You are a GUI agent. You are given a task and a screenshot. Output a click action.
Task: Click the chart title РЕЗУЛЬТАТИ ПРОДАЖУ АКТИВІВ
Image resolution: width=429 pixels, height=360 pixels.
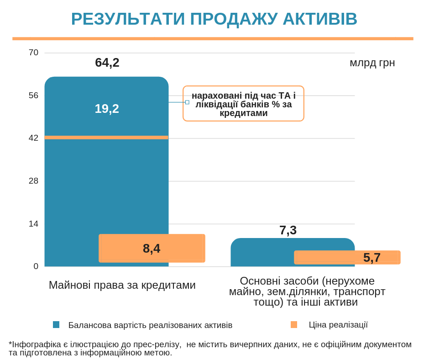pos(214,19)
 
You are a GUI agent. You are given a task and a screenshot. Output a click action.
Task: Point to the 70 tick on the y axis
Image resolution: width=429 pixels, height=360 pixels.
pos(33,53)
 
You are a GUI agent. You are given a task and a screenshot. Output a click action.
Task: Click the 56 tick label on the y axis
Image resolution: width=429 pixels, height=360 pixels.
pos(33,95)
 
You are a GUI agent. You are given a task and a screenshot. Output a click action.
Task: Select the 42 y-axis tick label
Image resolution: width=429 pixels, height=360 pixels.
pos(33,138)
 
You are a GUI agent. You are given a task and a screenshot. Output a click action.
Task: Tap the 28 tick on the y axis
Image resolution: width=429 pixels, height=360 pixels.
pos(33,181)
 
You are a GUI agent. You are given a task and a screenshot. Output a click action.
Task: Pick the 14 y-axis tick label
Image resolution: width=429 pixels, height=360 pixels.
pos(33,224)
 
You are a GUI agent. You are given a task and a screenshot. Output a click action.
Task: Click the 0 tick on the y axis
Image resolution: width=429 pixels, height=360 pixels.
pos(36,266)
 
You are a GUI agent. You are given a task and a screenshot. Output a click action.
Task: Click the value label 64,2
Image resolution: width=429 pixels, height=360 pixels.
pos(107,63)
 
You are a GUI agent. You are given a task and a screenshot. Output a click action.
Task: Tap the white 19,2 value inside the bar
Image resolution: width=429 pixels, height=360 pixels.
pos(107,109)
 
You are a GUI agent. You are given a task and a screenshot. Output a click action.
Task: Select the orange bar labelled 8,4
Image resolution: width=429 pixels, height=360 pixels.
pos(152,249)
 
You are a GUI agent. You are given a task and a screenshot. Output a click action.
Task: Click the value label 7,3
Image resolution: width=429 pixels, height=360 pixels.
pos(288,230)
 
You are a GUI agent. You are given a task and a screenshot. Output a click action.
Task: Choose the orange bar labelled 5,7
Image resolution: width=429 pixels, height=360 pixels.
pos(347,257)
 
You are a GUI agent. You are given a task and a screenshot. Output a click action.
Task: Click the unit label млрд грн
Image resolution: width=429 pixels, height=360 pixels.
pos(372,63)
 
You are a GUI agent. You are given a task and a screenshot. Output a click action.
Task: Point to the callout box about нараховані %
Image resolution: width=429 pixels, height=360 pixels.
pos(243,104)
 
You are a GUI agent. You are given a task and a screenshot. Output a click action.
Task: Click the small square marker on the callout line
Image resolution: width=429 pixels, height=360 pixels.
pos(187,102)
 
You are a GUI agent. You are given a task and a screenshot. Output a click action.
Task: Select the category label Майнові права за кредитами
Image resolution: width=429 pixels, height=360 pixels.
pos(122,285)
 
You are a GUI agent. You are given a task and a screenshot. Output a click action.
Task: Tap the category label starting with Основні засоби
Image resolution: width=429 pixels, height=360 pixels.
pos(307,291)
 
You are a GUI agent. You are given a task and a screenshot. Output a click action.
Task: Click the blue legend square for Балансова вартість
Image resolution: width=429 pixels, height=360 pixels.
pos(56,325)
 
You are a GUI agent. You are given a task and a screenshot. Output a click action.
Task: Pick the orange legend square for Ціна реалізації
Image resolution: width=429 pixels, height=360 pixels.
pos(294,325)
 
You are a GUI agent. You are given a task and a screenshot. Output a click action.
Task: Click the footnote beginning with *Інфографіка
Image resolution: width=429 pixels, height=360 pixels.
pos(210,348)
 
